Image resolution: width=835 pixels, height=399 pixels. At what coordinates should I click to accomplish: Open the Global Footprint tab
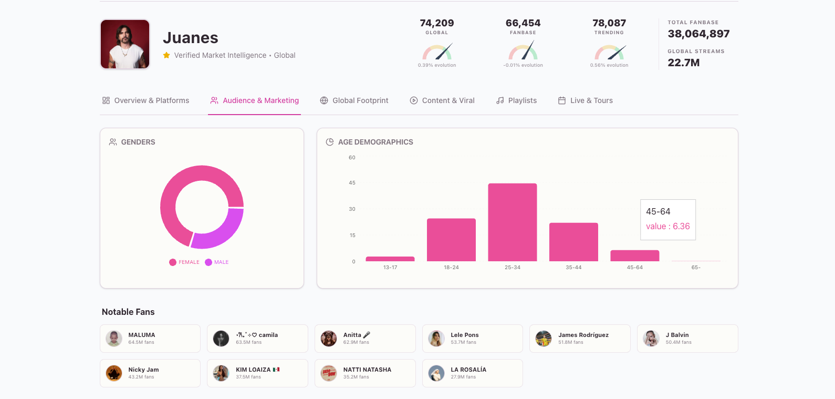point(354,100)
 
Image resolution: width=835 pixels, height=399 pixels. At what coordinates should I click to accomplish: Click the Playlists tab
point(517,100)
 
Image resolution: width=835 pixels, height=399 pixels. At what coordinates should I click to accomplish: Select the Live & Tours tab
point(586,100)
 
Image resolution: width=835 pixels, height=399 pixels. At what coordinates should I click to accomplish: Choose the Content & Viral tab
point(442,100)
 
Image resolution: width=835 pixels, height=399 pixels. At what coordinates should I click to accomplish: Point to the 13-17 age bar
point(390,259)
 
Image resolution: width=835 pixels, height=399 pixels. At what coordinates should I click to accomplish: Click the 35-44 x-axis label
point(573,268)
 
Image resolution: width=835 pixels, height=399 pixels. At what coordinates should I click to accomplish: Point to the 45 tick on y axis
point(352,183)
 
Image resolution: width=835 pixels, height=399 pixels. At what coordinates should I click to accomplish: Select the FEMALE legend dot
point(173,262)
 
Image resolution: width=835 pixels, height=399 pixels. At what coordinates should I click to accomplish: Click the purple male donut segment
point(221,230)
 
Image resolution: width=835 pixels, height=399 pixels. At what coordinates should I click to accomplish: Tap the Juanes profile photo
point(125,44)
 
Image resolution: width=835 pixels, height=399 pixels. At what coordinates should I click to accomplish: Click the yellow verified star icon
point(166,55)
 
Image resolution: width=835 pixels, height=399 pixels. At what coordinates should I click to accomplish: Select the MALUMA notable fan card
point(150,339)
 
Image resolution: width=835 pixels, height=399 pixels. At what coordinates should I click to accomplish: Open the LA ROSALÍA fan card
point(472,373)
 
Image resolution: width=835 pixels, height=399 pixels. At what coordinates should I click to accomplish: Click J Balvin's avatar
point(651,339)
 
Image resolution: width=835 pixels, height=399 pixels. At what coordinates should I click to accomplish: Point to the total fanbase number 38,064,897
point(698,34)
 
